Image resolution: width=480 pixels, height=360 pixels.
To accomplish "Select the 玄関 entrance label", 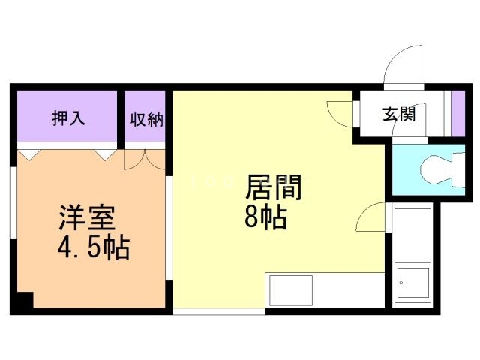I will coord(399,114).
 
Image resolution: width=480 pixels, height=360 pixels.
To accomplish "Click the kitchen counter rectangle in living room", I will coord(289,289).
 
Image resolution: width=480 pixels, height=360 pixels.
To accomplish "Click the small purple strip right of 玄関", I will coord(457,112).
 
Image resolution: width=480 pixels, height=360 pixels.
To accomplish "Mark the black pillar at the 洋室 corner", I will coord(25,300).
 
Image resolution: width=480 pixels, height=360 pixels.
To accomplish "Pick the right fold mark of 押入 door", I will coord(104,154).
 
